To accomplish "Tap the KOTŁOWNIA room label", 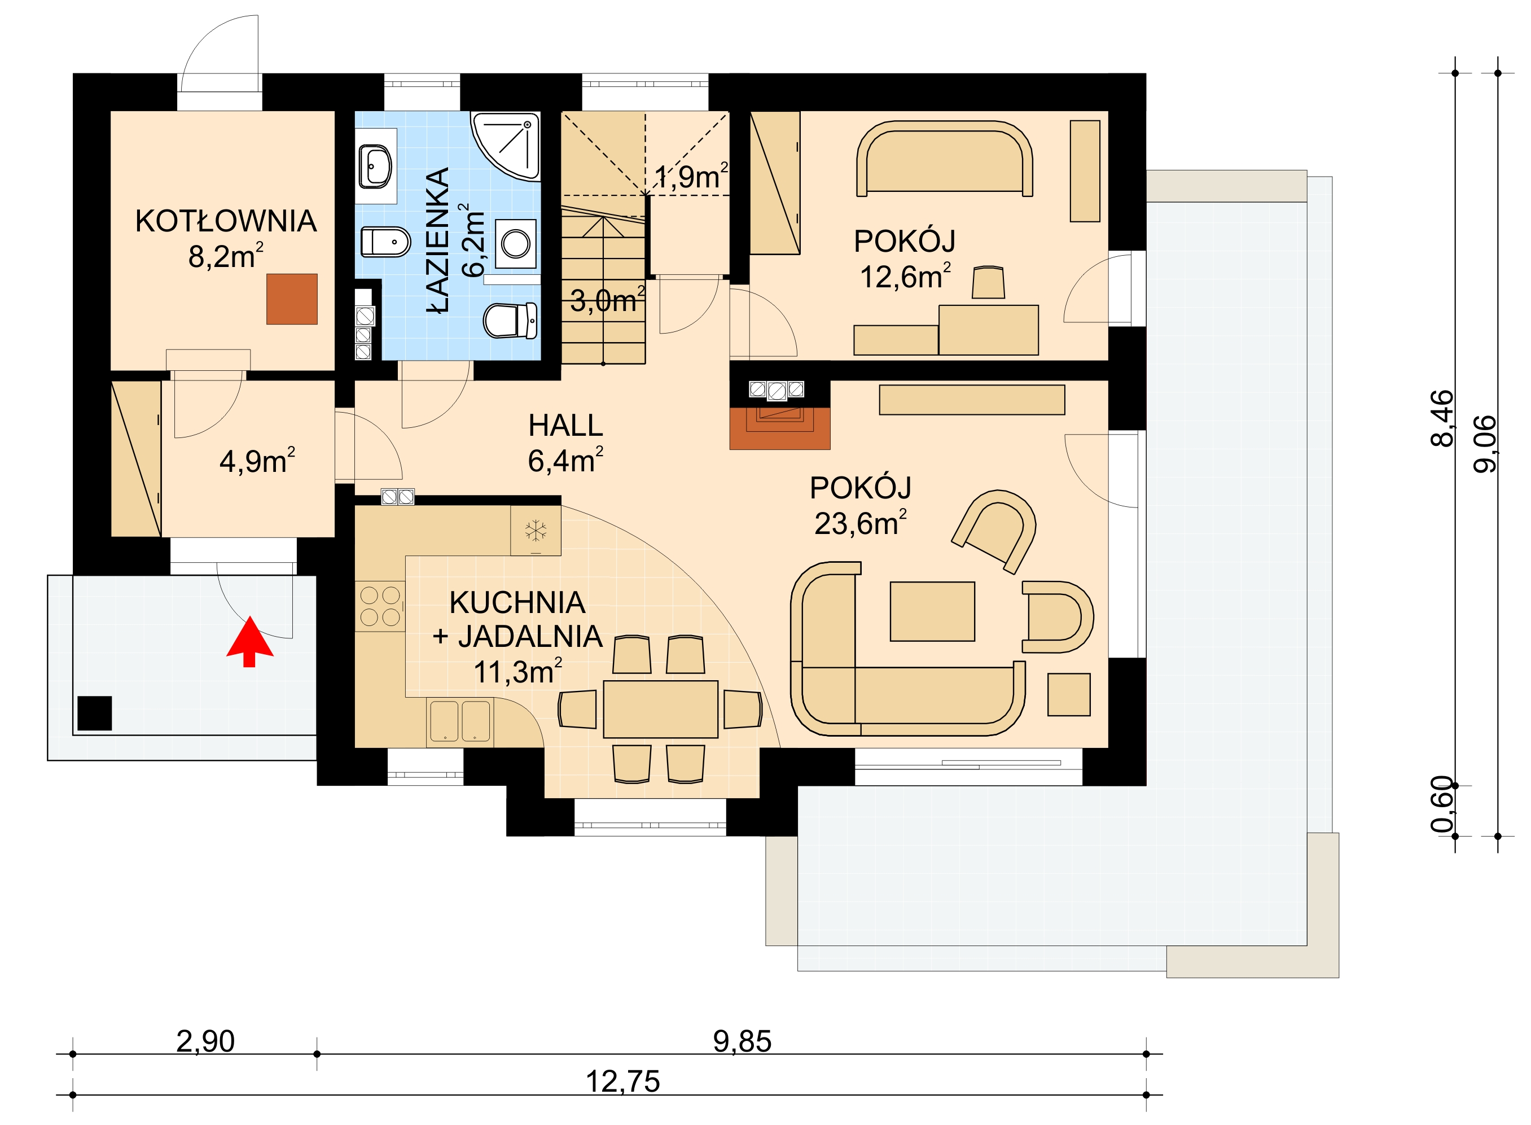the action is coord(226,221).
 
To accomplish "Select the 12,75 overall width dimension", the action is coord(623,1082).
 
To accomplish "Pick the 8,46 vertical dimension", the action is coord(1442,418).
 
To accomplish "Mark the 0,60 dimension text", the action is coord(1442,804).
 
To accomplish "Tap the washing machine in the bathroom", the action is coord(515,244).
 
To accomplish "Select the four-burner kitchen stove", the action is coord(380,606).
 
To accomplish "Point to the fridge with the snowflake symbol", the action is coord(536,531).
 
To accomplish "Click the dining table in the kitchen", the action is coord(660,709).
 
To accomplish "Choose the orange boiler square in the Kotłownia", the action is coord(291,299).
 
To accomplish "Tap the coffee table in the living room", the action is coord(932,611).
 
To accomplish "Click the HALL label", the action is coord(565,426).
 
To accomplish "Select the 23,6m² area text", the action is coord(861,523).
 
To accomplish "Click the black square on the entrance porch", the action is coord(95,713).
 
